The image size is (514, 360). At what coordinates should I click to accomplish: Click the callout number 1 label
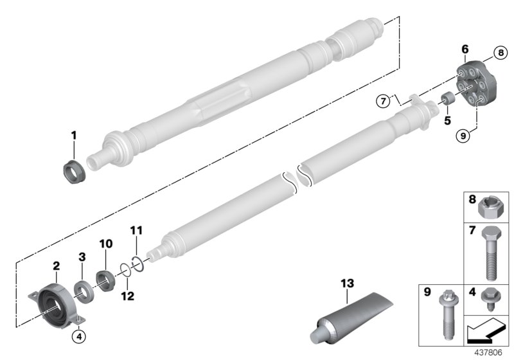[x=73, y=136]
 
